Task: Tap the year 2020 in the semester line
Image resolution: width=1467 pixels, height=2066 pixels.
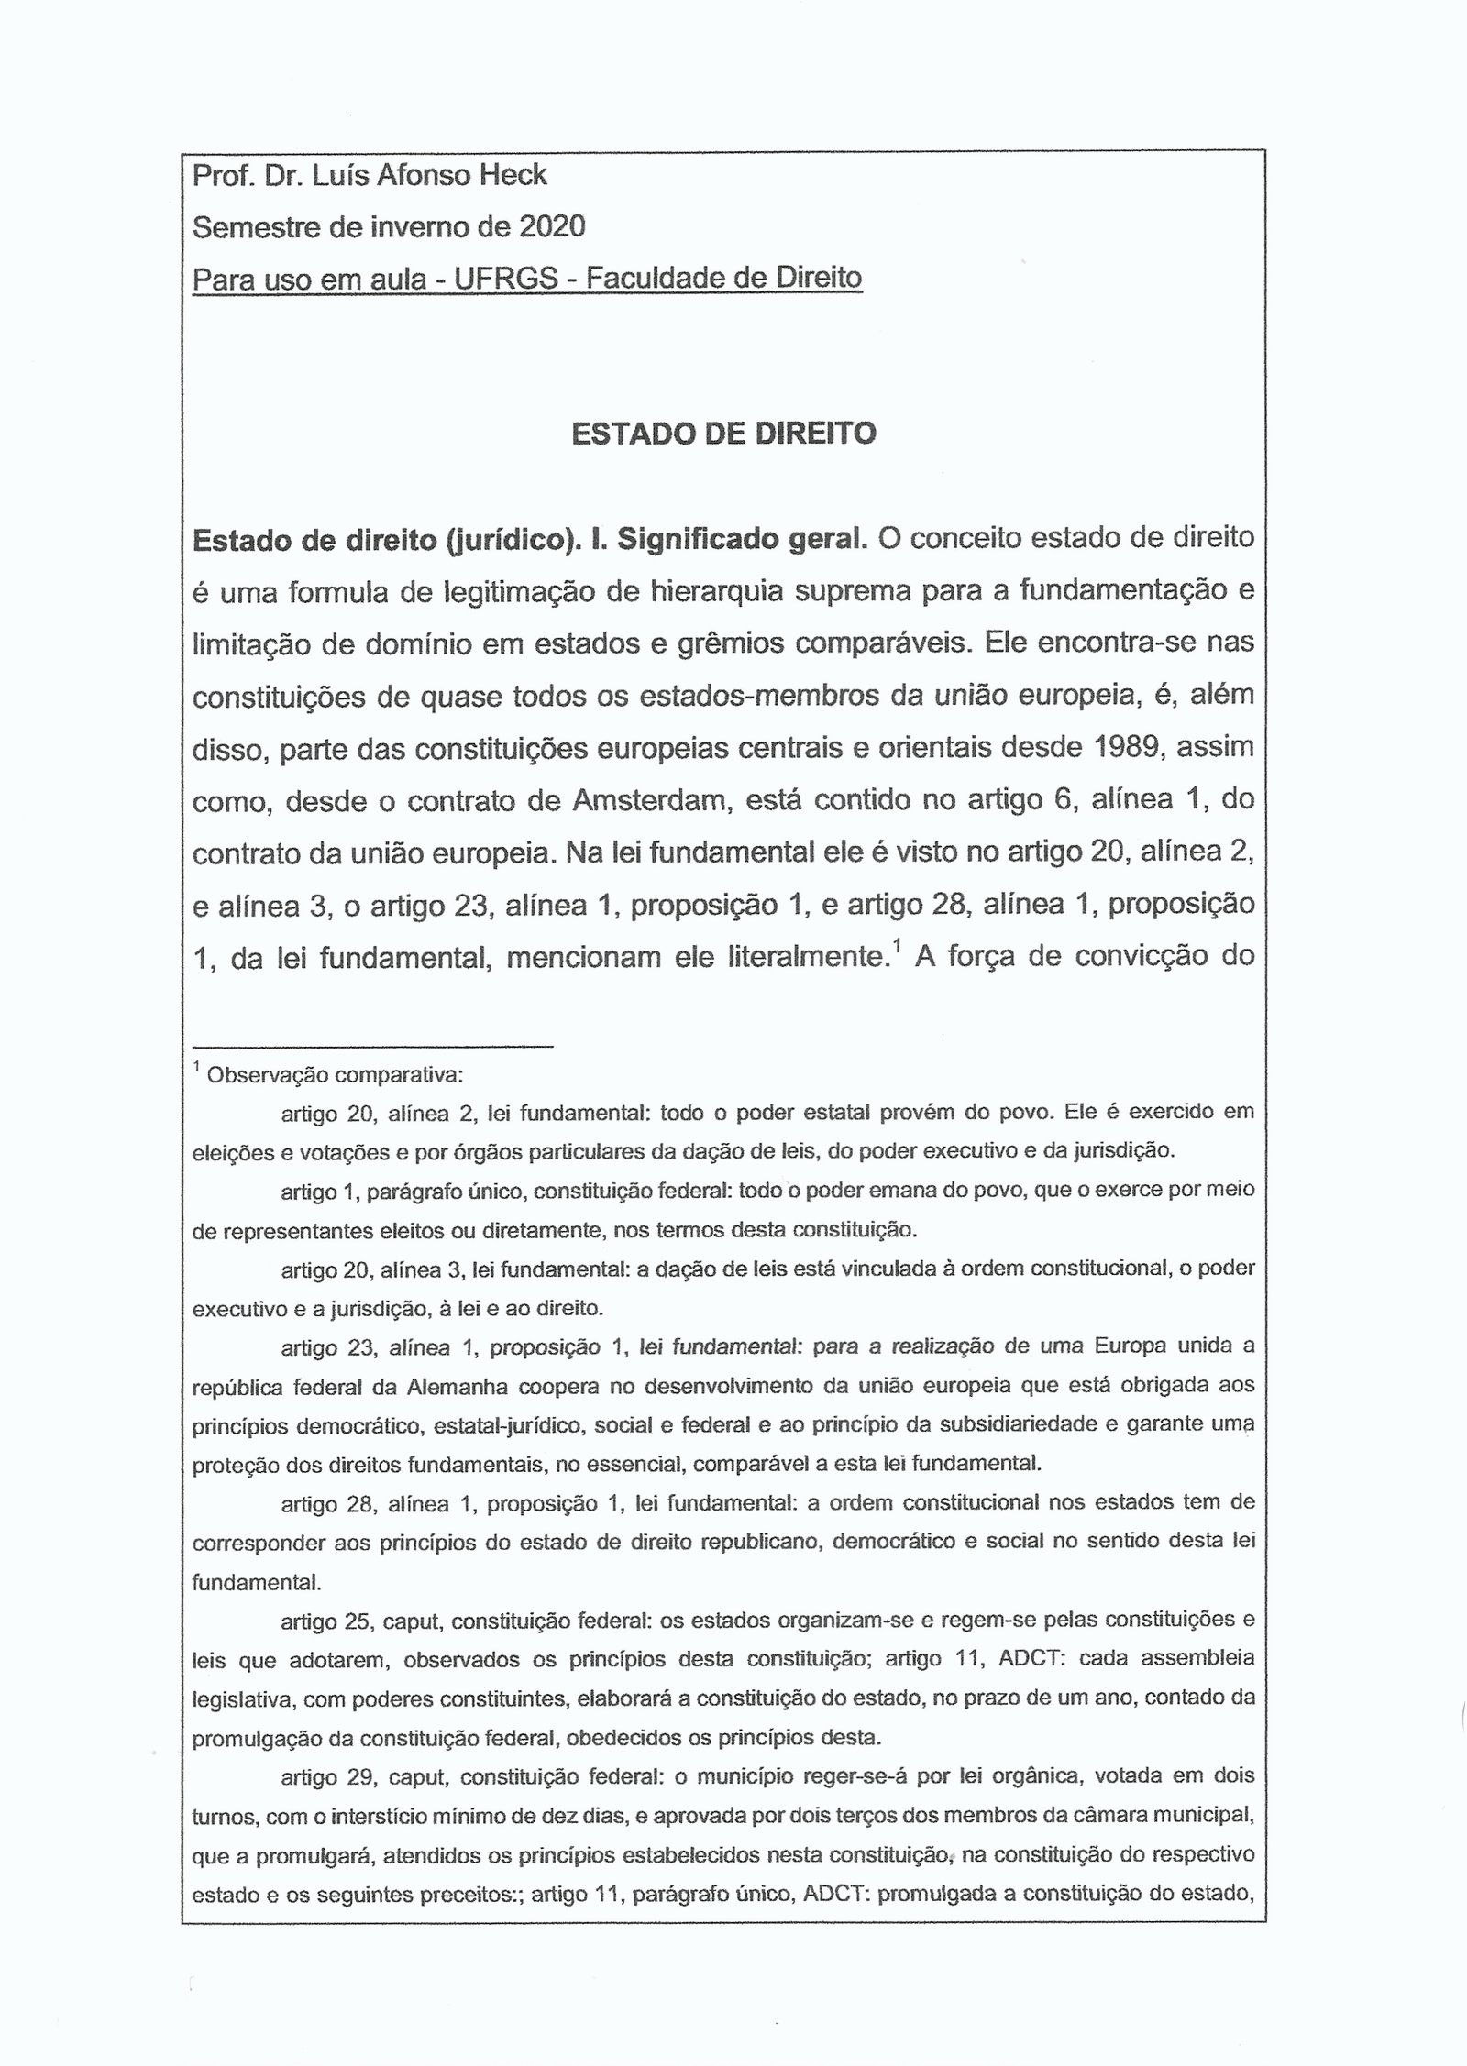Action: (552, 225)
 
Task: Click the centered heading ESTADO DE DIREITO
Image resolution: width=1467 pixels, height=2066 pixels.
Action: (723, 434)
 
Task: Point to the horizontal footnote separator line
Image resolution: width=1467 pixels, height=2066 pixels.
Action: (372, 1045)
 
